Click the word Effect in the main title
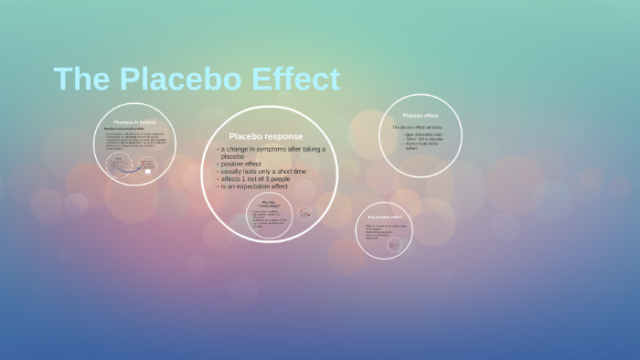click(296, 79)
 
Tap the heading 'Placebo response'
click(265, 136)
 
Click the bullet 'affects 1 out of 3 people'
click(256, 179)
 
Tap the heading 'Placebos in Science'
click(134, 121)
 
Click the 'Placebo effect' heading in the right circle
click(421, 115)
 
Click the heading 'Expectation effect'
click(385, 217)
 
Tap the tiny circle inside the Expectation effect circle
click(395, 245)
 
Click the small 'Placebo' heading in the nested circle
click(268, 201)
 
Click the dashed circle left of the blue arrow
click(118, 165)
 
